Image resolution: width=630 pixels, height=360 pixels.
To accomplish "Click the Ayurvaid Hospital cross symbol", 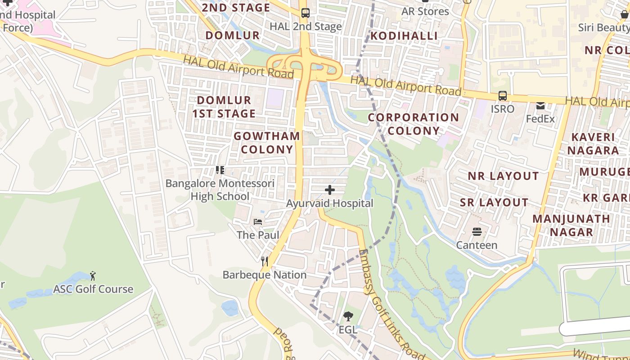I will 330,190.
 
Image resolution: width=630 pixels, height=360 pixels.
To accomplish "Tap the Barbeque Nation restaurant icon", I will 265,261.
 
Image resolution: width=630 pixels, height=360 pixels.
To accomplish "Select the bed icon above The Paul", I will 258,221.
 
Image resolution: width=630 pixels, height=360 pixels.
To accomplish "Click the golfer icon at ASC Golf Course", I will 93,275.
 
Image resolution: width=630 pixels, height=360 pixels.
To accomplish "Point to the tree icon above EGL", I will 348,316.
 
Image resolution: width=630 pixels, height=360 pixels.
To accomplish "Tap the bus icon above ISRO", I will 502,96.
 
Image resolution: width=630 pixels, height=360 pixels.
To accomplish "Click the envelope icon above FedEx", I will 540,106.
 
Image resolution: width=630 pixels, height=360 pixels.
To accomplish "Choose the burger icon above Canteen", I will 477,232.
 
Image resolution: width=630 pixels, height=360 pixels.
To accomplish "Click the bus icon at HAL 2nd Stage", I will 306,13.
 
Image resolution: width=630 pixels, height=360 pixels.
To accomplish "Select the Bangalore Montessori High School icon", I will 220,170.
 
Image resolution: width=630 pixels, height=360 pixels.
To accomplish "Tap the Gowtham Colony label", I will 267,142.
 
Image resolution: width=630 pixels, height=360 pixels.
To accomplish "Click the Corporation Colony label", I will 414,124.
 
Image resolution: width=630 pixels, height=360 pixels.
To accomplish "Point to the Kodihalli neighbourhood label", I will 404,36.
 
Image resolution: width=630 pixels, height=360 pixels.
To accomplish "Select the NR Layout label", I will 503,176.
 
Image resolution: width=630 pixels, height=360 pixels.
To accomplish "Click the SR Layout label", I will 494,202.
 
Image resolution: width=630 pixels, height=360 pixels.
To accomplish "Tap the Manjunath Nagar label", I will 571,225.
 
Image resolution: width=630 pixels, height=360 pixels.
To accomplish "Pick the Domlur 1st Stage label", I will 224,107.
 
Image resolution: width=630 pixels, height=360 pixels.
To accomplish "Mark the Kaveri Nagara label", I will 593,144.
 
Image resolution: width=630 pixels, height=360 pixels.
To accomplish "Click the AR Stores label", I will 425,11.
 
